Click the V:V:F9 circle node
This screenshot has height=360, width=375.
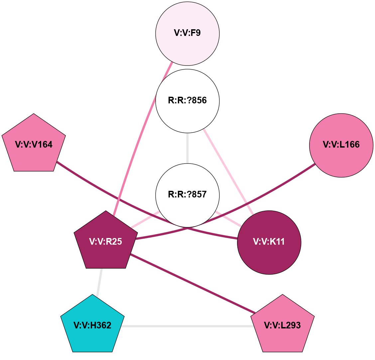pos(187,34)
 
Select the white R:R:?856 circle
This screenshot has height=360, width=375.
pos(187,101)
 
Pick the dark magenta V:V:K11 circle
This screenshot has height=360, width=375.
pos(269,242)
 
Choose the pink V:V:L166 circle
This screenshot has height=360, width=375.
pos(341,145)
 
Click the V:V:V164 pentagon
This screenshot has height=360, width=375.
pos(34,145)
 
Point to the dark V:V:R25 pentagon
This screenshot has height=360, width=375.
pos(106,242)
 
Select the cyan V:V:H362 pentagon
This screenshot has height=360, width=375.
pos(92,325)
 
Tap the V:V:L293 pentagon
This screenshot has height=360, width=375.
pos(282,325)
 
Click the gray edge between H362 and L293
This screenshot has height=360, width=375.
pos(186,326)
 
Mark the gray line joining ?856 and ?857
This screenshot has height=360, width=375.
pos(187,148)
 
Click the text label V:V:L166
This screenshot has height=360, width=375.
pos(341,145)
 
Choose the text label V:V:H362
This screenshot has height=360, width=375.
pos(92,325)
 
